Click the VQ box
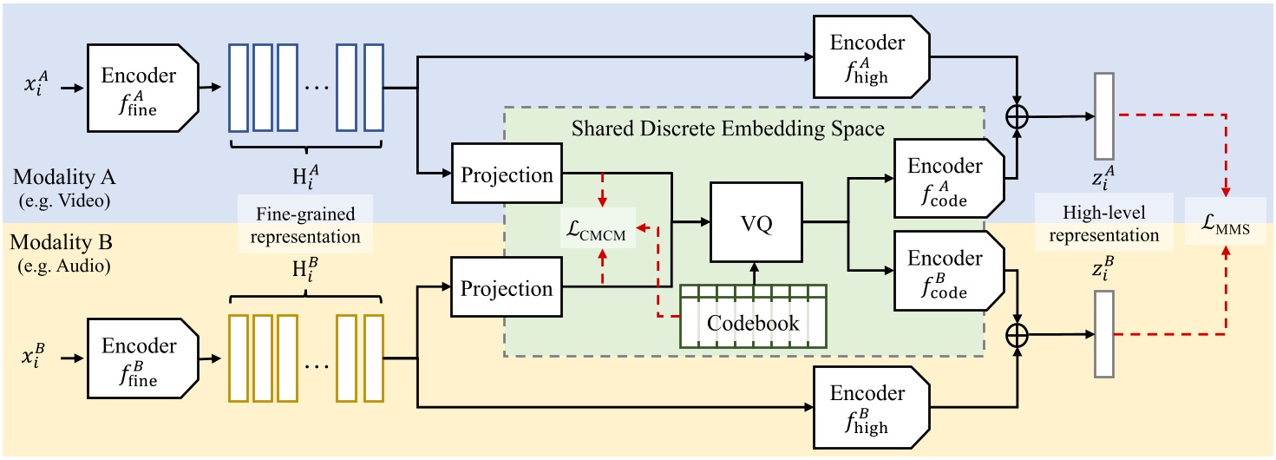(756, 222)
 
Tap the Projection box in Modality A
(507, 174)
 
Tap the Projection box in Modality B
(507, 287)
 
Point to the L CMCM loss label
(599, 228)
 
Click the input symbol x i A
(37, 87)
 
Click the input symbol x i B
(37, 357)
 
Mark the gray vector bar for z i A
(1103, 115)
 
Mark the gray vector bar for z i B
(1103, 334)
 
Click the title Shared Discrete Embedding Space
(728, 129)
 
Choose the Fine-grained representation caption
(305, 223)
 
